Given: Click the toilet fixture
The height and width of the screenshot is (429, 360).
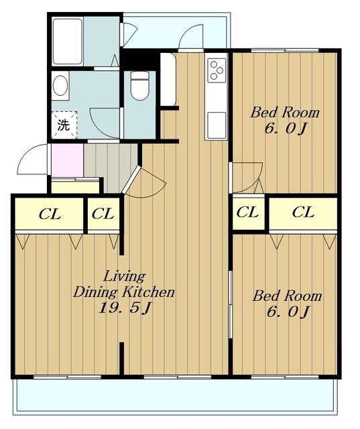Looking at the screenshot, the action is tap(140, 86).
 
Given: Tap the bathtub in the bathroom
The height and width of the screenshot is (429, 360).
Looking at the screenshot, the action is tap(67, 42).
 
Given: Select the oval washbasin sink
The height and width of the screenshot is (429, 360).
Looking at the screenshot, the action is tap(60, 86).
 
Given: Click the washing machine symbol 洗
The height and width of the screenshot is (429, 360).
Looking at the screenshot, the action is tap(64, 125).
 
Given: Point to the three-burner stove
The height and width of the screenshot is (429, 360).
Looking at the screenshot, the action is tap(217, 70).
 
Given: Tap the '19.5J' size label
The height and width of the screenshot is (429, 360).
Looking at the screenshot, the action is tap(125, 308).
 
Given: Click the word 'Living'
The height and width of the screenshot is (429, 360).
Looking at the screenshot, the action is tap(124, 276).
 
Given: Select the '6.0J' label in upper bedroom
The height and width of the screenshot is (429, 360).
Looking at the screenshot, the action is tap(285, 128).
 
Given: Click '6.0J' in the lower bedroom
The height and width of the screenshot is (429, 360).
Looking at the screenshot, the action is tap(288, 312).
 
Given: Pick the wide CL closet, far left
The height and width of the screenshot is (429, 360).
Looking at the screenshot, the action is tap(49, 214).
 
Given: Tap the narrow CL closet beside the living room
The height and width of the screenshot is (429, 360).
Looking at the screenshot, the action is tap(103, 214).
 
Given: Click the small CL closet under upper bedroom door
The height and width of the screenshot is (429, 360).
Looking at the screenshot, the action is tap(248, 212).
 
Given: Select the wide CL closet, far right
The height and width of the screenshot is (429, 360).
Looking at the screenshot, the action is tap(303, 212).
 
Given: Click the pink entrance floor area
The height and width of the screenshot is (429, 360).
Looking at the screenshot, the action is tap(67, 160).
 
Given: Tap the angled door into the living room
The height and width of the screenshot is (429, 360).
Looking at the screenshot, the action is tap(131, 180).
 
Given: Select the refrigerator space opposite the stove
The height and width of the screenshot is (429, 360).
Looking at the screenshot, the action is tap(168, 79).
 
